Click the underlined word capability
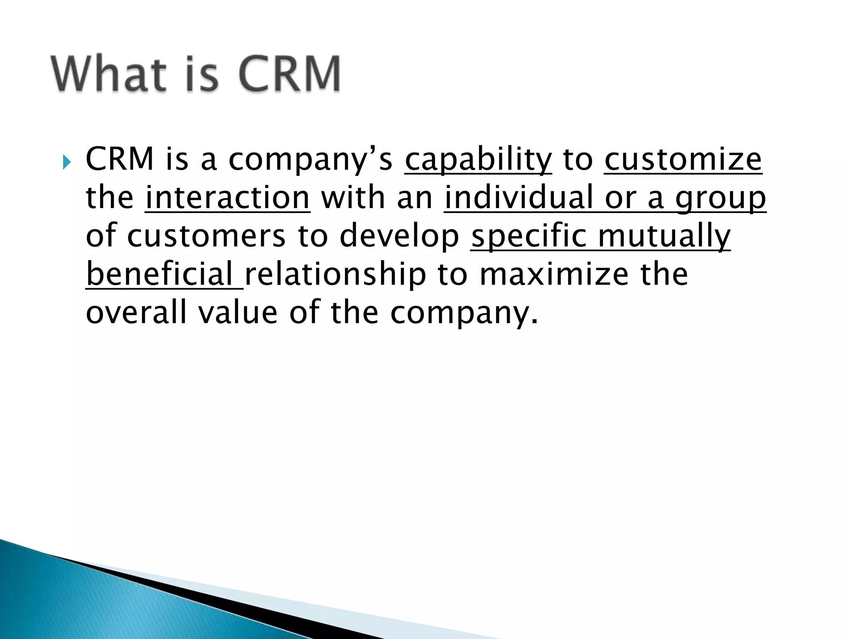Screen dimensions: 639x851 pyautogui.click(x=478, y=160)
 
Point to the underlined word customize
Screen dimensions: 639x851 pyautogui.click(x=683, y=160)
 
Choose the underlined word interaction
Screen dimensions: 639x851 pyautogui.click(x=227, y=198)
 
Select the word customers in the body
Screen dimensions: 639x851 pyautogui.click(x=206, y=236)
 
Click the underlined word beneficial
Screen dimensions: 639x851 pyautogui.click(x=160, y=275)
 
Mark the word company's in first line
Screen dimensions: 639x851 pyautogui.click(x=310, y=161)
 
